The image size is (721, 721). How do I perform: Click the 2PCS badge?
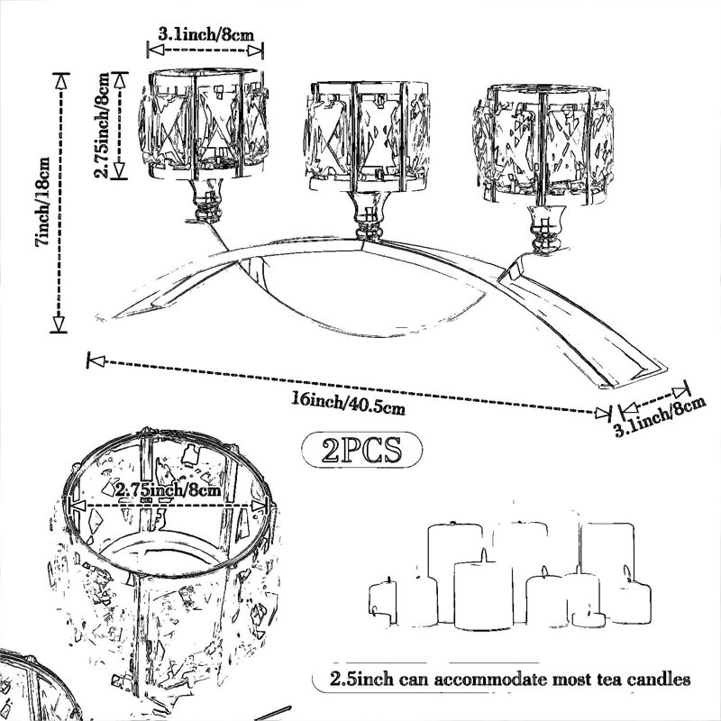click(362, 450)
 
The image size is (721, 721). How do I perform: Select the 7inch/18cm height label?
click(42, 202)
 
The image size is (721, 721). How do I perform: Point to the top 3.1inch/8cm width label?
click(205, 34)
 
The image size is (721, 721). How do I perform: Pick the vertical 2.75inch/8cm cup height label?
click(102, 125)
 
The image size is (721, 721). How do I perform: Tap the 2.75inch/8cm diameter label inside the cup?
click(169, 489)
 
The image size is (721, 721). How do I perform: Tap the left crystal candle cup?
click(204, 124)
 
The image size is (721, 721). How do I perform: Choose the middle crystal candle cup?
click(368, 137)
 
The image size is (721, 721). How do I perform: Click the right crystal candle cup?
click(543, 144)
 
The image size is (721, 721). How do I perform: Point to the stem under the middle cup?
click(369, 215)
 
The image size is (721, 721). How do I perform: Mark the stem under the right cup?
click(545, 229)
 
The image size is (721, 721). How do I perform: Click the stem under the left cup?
click(208, 200)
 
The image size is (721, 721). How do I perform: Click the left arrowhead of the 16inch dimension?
click(96, 361)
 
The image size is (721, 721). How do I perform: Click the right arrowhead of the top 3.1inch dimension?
click(255, 50)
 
